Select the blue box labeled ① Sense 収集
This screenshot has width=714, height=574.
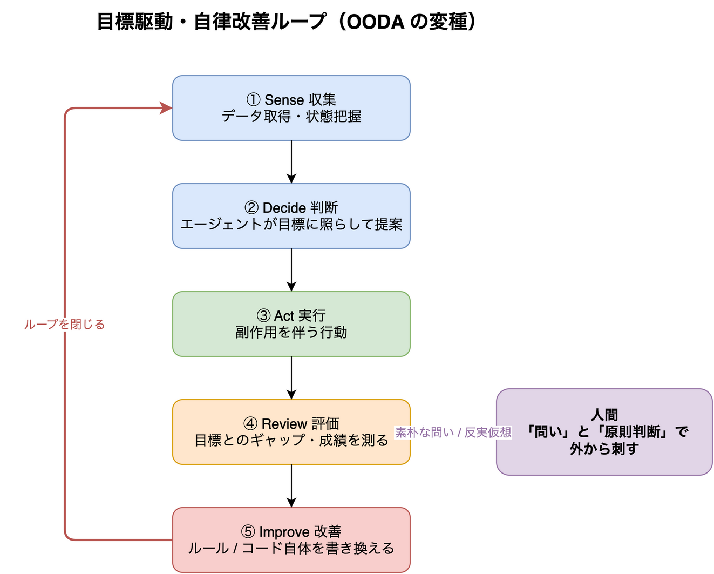pos(291,108)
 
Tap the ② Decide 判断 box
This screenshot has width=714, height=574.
pos(291,216)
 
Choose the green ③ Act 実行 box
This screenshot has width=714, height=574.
pos(291,323)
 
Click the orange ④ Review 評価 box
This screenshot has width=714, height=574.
pos(291,431)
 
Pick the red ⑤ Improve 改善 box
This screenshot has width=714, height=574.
pos(291,539)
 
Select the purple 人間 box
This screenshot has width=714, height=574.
pos(604,431)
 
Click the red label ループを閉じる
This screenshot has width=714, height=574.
pos(64,324)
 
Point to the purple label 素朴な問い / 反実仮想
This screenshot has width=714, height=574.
pos(453,432)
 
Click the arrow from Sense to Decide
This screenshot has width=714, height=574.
pos(291,162)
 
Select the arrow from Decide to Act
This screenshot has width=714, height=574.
pos(291,270)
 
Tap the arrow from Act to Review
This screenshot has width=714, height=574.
pos(291,378)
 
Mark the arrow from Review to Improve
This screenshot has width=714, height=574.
pos(291,485)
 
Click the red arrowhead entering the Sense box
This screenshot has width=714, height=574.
pos(166,108)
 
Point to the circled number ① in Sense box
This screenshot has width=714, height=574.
pos(253,99)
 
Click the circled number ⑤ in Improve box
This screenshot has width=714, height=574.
pos(248,531)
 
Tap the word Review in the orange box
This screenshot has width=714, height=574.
pos(284,423)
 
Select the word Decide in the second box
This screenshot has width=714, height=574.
pos(284,208)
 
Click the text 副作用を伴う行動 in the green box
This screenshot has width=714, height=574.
pos(291,332)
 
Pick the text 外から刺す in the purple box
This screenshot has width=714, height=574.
pos(604,449)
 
